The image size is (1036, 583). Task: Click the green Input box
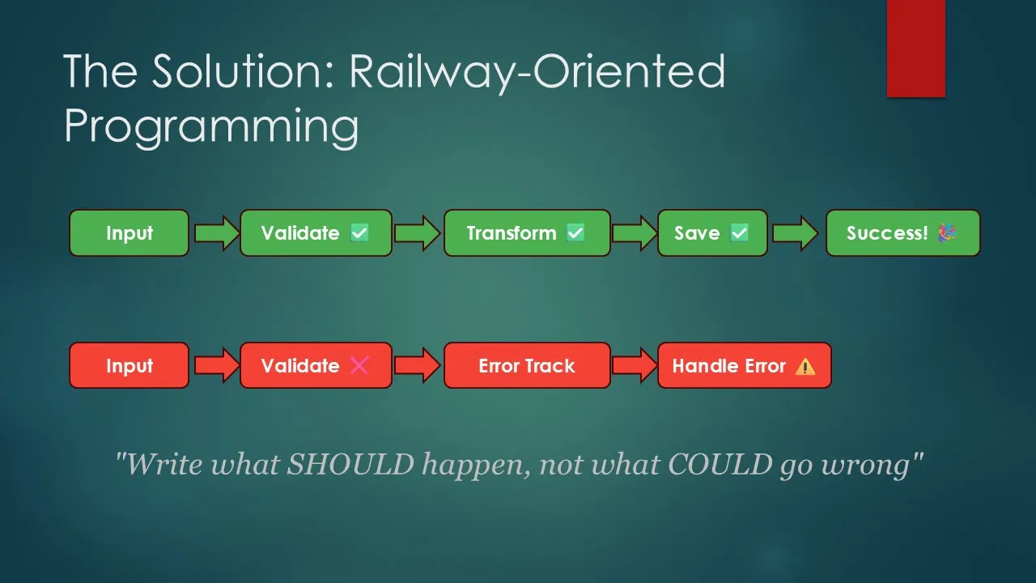[129, 232]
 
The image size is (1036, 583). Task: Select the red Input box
[129, 365]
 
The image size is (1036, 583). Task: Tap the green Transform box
[527, 232]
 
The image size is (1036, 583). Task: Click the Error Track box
[527, 365]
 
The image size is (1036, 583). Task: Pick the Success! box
[902, 232]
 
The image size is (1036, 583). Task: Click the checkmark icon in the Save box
[739, 232]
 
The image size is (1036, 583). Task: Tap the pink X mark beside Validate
[359, 365]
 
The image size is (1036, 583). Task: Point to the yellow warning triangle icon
[805, 367]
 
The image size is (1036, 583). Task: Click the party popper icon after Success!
[947, 232]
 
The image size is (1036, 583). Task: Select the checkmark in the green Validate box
[359, 232]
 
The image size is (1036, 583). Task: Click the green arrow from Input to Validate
[216, 233]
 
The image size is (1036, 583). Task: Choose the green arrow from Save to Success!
[795, 233]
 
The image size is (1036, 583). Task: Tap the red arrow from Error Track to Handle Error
[635, 365]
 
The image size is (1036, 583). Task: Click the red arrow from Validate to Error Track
[417, 365]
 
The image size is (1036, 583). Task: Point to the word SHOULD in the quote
[350, 464]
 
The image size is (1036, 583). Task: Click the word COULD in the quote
[720, 464]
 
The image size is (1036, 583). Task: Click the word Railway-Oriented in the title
[537, 71]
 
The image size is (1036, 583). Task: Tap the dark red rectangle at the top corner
[915, 49]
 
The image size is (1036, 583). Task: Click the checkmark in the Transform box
[575, 232]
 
